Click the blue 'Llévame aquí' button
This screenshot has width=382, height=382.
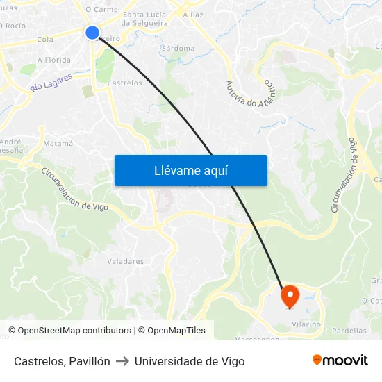click(x=190, y=170)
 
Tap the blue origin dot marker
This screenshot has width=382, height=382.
click(x=92, y=33)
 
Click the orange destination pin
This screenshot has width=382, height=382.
click(x=289, y=297)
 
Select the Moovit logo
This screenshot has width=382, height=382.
click(x=340, y=360)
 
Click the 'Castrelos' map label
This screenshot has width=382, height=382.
click(x=125, y=83)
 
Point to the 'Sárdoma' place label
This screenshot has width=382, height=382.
click(x=177, y=49)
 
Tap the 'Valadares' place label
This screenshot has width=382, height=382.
click(x=126, y=262)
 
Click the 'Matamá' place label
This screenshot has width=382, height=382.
click(x=58, y=143)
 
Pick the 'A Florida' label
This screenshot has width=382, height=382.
click(x=54, y=60)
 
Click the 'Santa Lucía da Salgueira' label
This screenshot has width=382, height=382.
click(x=145, y=19)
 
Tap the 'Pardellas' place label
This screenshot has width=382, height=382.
click(x=349, y=331)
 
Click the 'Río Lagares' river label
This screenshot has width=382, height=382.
click(x=51, y=84)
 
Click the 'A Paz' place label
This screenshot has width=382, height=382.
click(x=193, y=14)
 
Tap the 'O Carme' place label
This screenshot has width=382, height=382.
click(x=101, y=10)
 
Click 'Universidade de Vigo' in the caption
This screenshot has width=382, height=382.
click(x=190, y=361)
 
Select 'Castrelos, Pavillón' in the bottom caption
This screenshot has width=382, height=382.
click(x=62, y=361)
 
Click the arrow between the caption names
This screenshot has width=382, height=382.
click(x=122, y=361)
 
